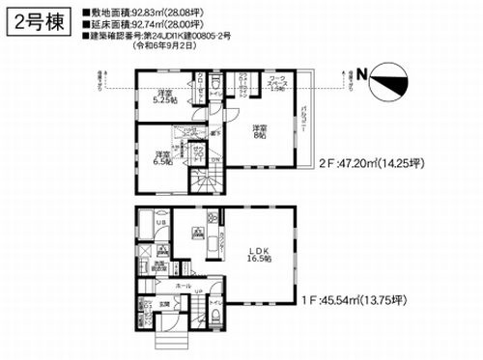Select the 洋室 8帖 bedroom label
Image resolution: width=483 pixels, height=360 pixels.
259,133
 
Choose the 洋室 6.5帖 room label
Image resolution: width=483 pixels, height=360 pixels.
162,157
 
